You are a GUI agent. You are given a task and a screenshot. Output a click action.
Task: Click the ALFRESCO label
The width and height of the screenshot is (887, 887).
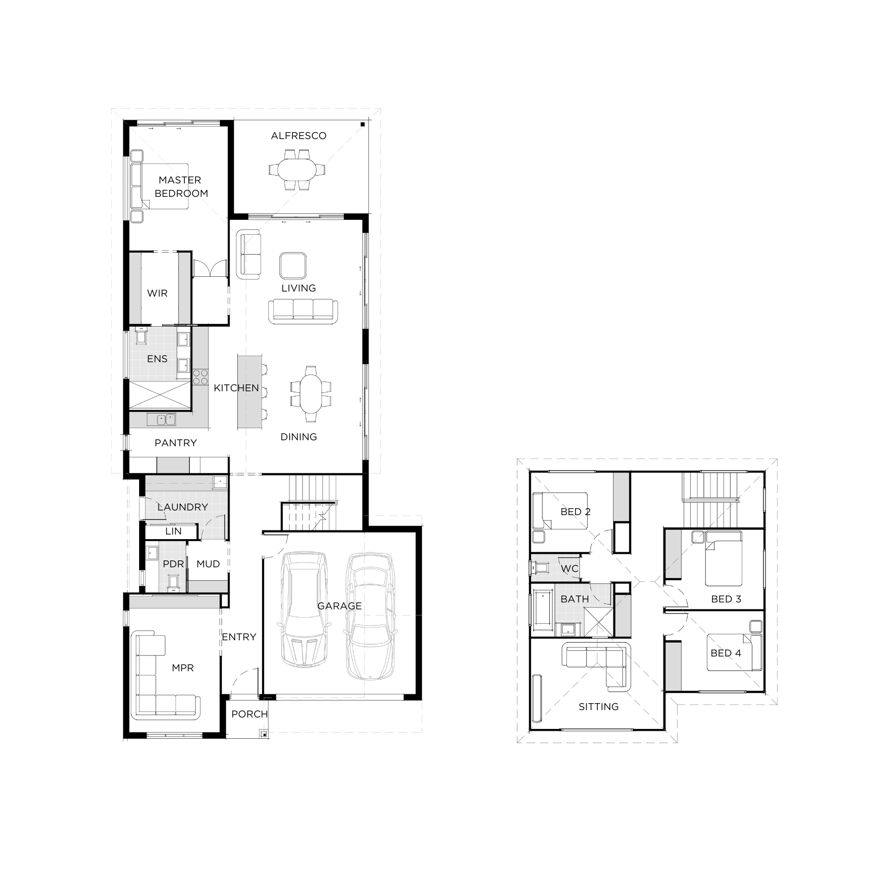[x=298, y=136]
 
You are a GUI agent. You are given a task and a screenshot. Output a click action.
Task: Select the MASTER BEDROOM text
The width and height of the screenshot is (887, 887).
[x=181, y=187]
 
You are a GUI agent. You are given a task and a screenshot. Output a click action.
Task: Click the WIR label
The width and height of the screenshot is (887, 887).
[x=157, y=293]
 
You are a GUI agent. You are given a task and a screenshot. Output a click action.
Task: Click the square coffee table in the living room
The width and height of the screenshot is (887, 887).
[x=293, y=266]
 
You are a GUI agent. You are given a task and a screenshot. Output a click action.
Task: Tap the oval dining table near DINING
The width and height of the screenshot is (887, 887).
[x=311, y=394]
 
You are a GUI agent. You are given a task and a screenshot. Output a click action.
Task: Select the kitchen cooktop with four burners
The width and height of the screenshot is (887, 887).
[x=200, y=377]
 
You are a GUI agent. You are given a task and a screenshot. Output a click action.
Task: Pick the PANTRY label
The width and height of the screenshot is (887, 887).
[x=176, y=443]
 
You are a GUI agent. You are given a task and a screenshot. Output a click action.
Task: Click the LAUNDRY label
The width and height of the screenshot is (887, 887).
[x=182, y=507]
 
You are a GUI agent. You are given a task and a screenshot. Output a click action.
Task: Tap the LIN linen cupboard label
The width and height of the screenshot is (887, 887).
[x=173, y=531]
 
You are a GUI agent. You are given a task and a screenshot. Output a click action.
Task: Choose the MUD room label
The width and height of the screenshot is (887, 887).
[x=208, y=564]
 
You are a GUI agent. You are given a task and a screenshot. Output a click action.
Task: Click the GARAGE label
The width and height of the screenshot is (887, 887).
[x=340, y=606]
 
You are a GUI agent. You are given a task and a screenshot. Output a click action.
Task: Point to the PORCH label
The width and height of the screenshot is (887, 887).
[x=249, y=714]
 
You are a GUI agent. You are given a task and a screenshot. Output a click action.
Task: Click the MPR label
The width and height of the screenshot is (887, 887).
[x=182, y=668]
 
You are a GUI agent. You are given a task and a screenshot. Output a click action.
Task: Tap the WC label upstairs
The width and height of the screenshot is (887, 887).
[x=570, y=569]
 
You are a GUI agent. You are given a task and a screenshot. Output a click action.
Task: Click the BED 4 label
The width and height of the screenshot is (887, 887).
[x=726, y=653]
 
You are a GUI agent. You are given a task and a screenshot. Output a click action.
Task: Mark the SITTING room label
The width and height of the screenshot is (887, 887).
[x=598, y=707]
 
